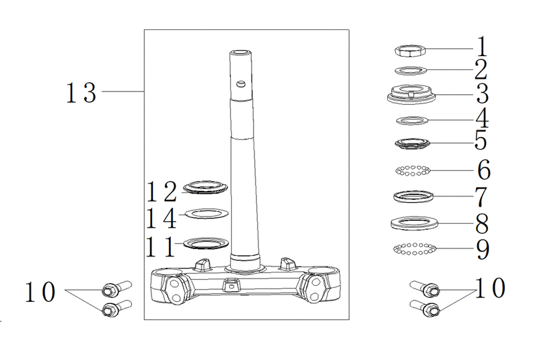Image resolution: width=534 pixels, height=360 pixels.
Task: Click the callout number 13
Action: tap(81, 92)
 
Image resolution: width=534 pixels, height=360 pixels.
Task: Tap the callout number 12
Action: tap(162, 191)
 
